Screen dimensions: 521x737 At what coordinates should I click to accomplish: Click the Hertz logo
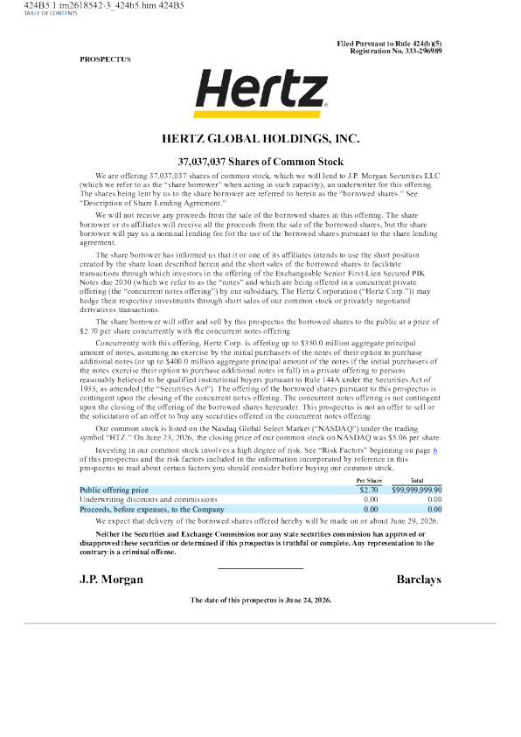click(260, 93)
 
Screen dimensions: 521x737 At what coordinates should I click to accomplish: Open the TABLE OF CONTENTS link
click(51, 13)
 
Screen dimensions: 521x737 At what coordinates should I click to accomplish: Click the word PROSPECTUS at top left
click(105, 59)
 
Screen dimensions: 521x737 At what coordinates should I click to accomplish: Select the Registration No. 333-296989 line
click(396, 51)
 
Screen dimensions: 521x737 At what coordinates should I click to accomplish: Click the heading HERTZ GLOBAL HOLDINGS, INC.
click(260, 139)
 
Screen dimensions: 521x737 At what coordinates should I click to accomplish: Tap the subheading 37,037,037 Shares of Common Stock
click(260, 162)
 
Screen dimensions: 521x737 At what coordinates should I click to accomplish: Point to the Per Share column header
click(369, 480)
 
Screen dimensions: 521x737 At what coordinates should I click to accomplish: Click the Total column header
click(417, 480)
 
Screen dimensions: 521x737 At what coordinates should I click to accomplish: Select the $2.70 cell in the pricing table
click(369, 490)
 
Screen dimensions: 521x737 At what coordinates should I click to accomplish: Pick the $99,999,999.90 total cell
click(417, 490)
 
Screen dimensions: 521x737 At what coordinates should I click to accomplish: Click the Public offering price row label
click(115, 490)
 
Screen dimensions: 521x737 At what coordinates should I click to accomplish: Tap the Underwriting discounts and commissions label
click(149, 499)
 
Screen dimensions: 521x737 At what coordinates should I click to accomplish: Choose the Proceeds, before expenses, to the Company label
click(152, 509)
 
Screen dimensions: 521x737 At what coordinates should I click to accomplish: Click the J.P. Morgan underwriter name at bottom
click(111, 580)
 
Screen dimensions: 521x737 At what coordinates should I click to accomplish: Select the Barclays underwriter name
click(419, 580)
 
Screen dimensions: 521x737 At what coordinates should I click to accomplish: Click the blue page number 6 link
click(435, 450)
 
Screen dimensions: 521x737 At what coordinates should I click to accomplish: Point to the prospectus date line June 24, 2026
click(260, 601)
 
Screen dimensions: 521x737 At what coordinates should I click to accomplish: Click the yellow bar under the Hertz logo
click(258, 115)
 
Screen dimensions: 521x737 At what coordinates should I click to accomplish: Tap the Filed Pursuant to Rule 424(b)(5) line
click(389, 44)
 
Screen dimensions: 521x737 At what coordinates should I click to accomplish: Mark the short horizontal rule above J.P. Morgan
click(260, 568)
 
